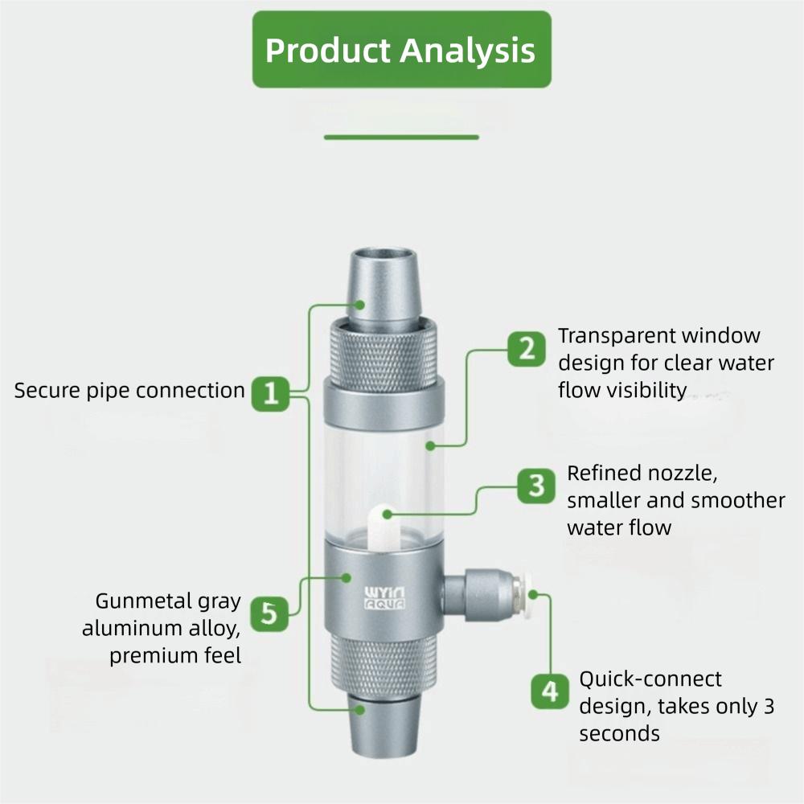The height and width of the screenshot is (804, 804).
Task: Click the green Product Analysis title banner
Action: point(401,50)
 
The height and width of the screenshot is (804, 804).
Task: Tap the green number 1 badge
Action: point(271,393)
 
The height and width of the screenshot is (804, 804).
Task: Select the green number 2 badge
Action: point(526,349)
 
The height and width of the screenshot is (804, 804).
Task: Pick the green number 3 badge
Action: point(535,486)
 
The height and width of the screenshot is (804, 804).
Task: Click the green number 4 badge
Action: point(550,691)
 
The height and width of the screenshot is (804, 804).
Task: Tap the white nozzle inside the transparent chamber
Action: point(384,525)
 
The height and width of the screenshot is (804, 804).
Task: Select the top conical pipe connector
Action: point(381,286)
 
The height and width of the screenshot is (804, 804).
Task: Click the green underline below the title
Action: point(401,137)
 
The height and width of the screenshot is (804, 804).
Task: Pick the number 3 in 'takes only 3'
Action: point(769,707)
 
